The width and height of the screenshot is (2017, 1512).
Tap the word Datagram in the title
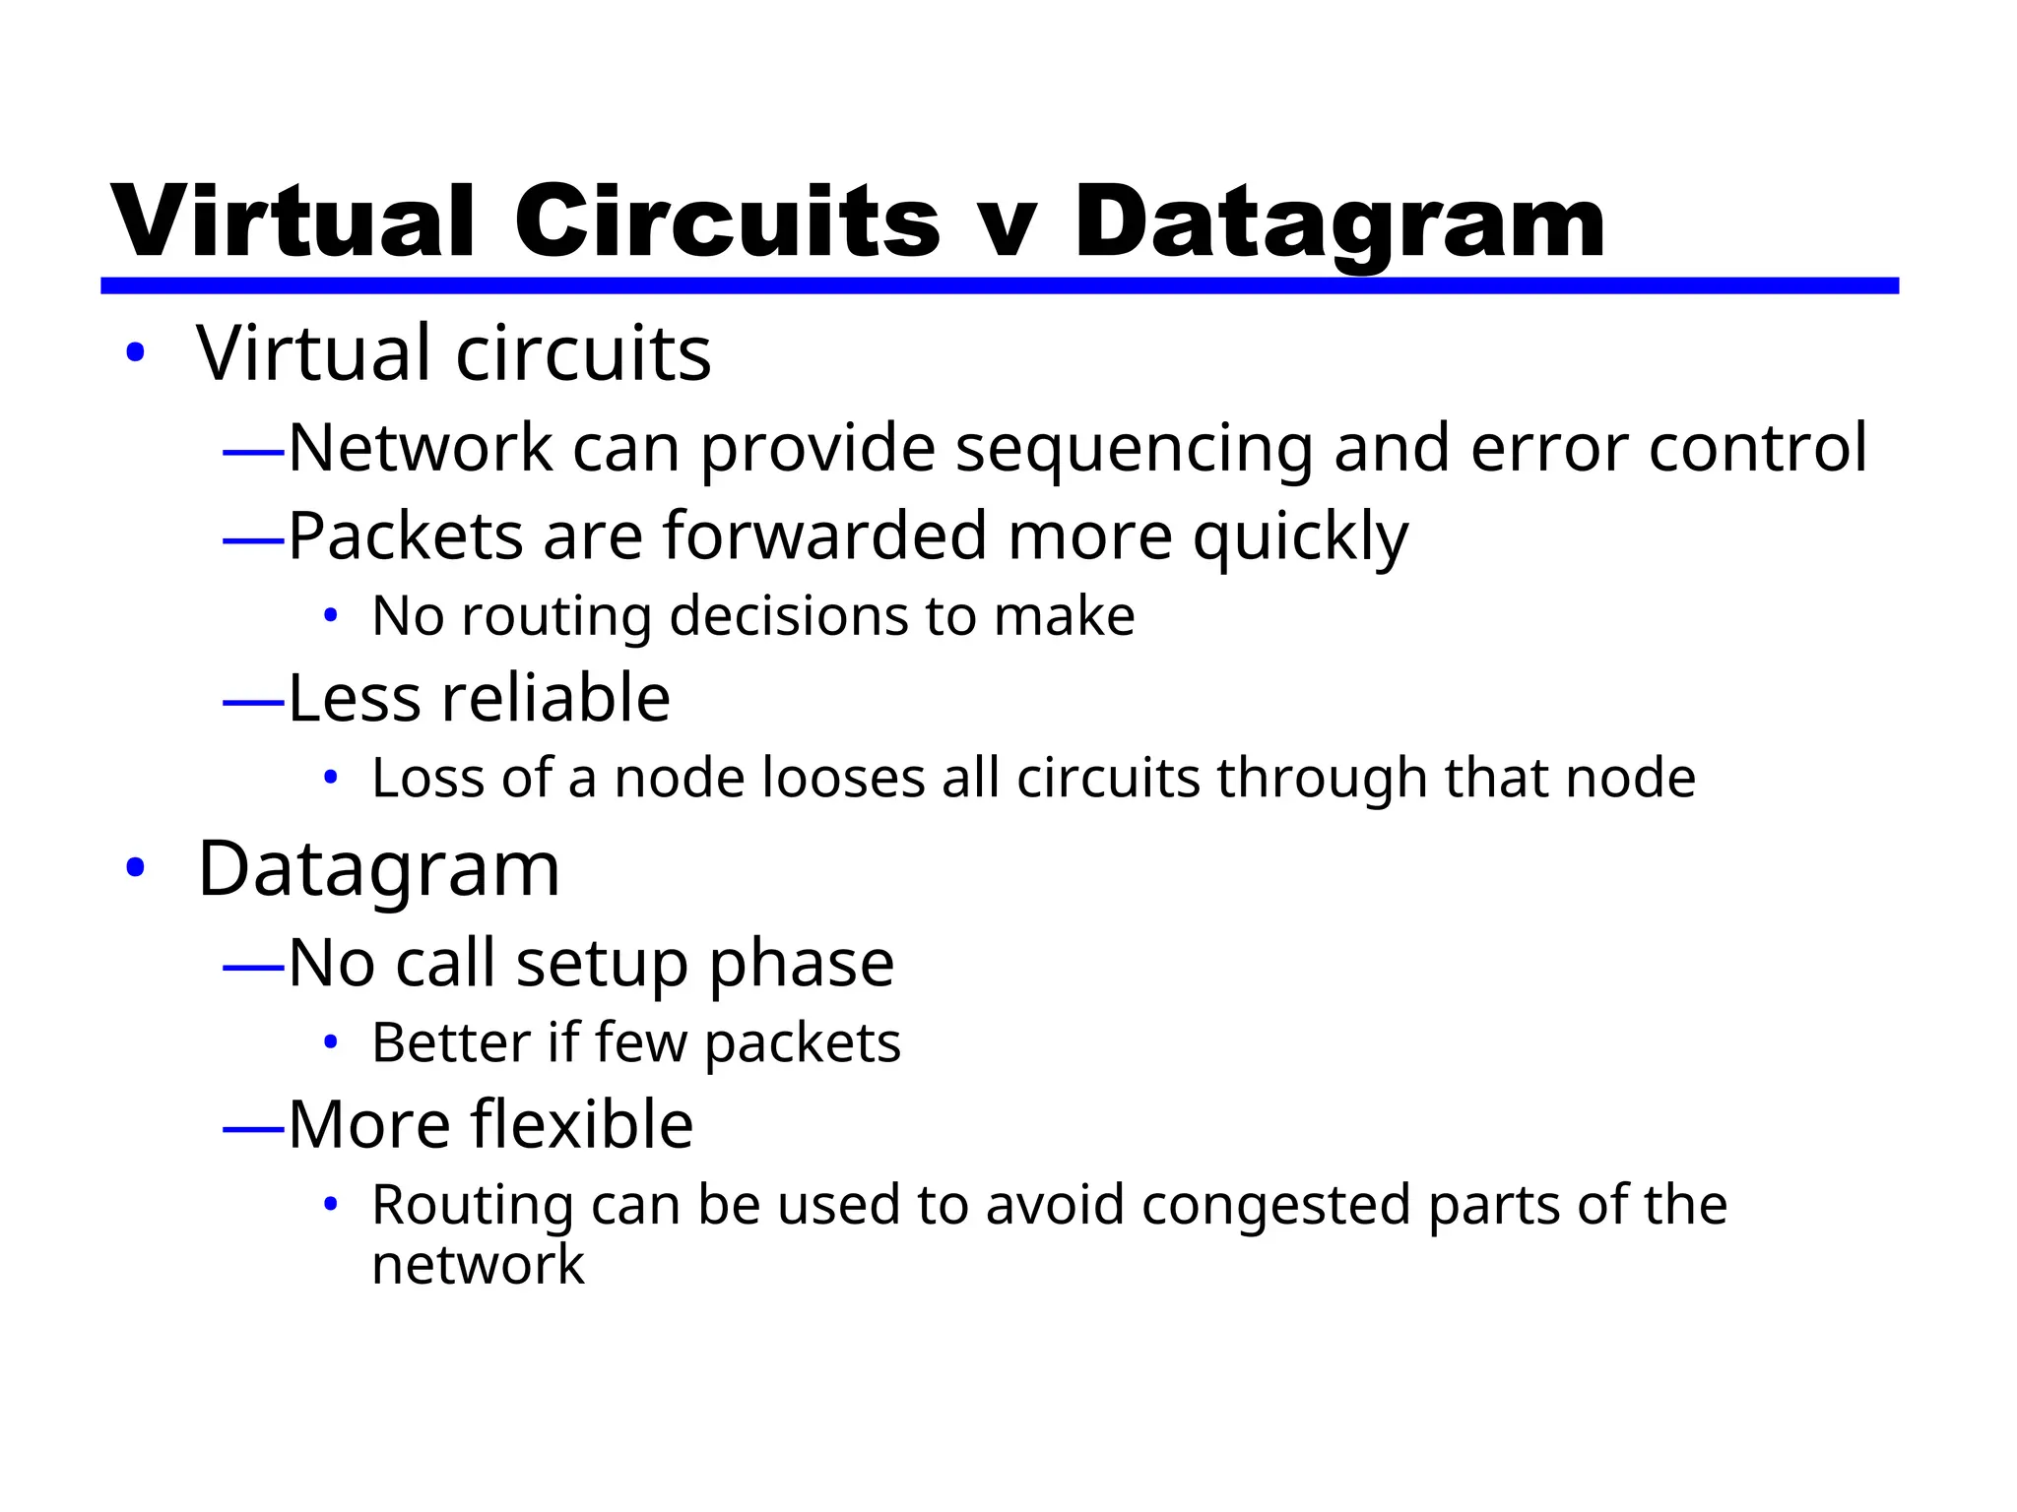point(1339,224)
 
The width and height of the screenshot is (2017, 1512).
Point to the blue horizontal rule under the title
point(999,285)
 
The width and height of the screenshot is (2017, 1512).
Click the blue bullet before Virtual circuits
point(136,352)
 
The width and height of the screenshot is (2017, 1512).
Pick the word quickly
point(1300,538)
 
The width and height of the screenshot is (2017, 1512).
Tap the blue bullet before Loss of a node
point(331,779)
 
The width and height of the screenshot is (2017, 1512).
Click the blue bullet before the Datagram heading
point(136,868)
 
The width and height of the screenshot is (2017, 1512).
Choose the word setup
point(601,963)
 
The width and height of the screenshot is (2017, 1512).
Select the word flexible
point(581,1124)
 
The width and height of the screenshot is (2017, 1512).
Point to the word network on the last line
point(478,1265)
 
